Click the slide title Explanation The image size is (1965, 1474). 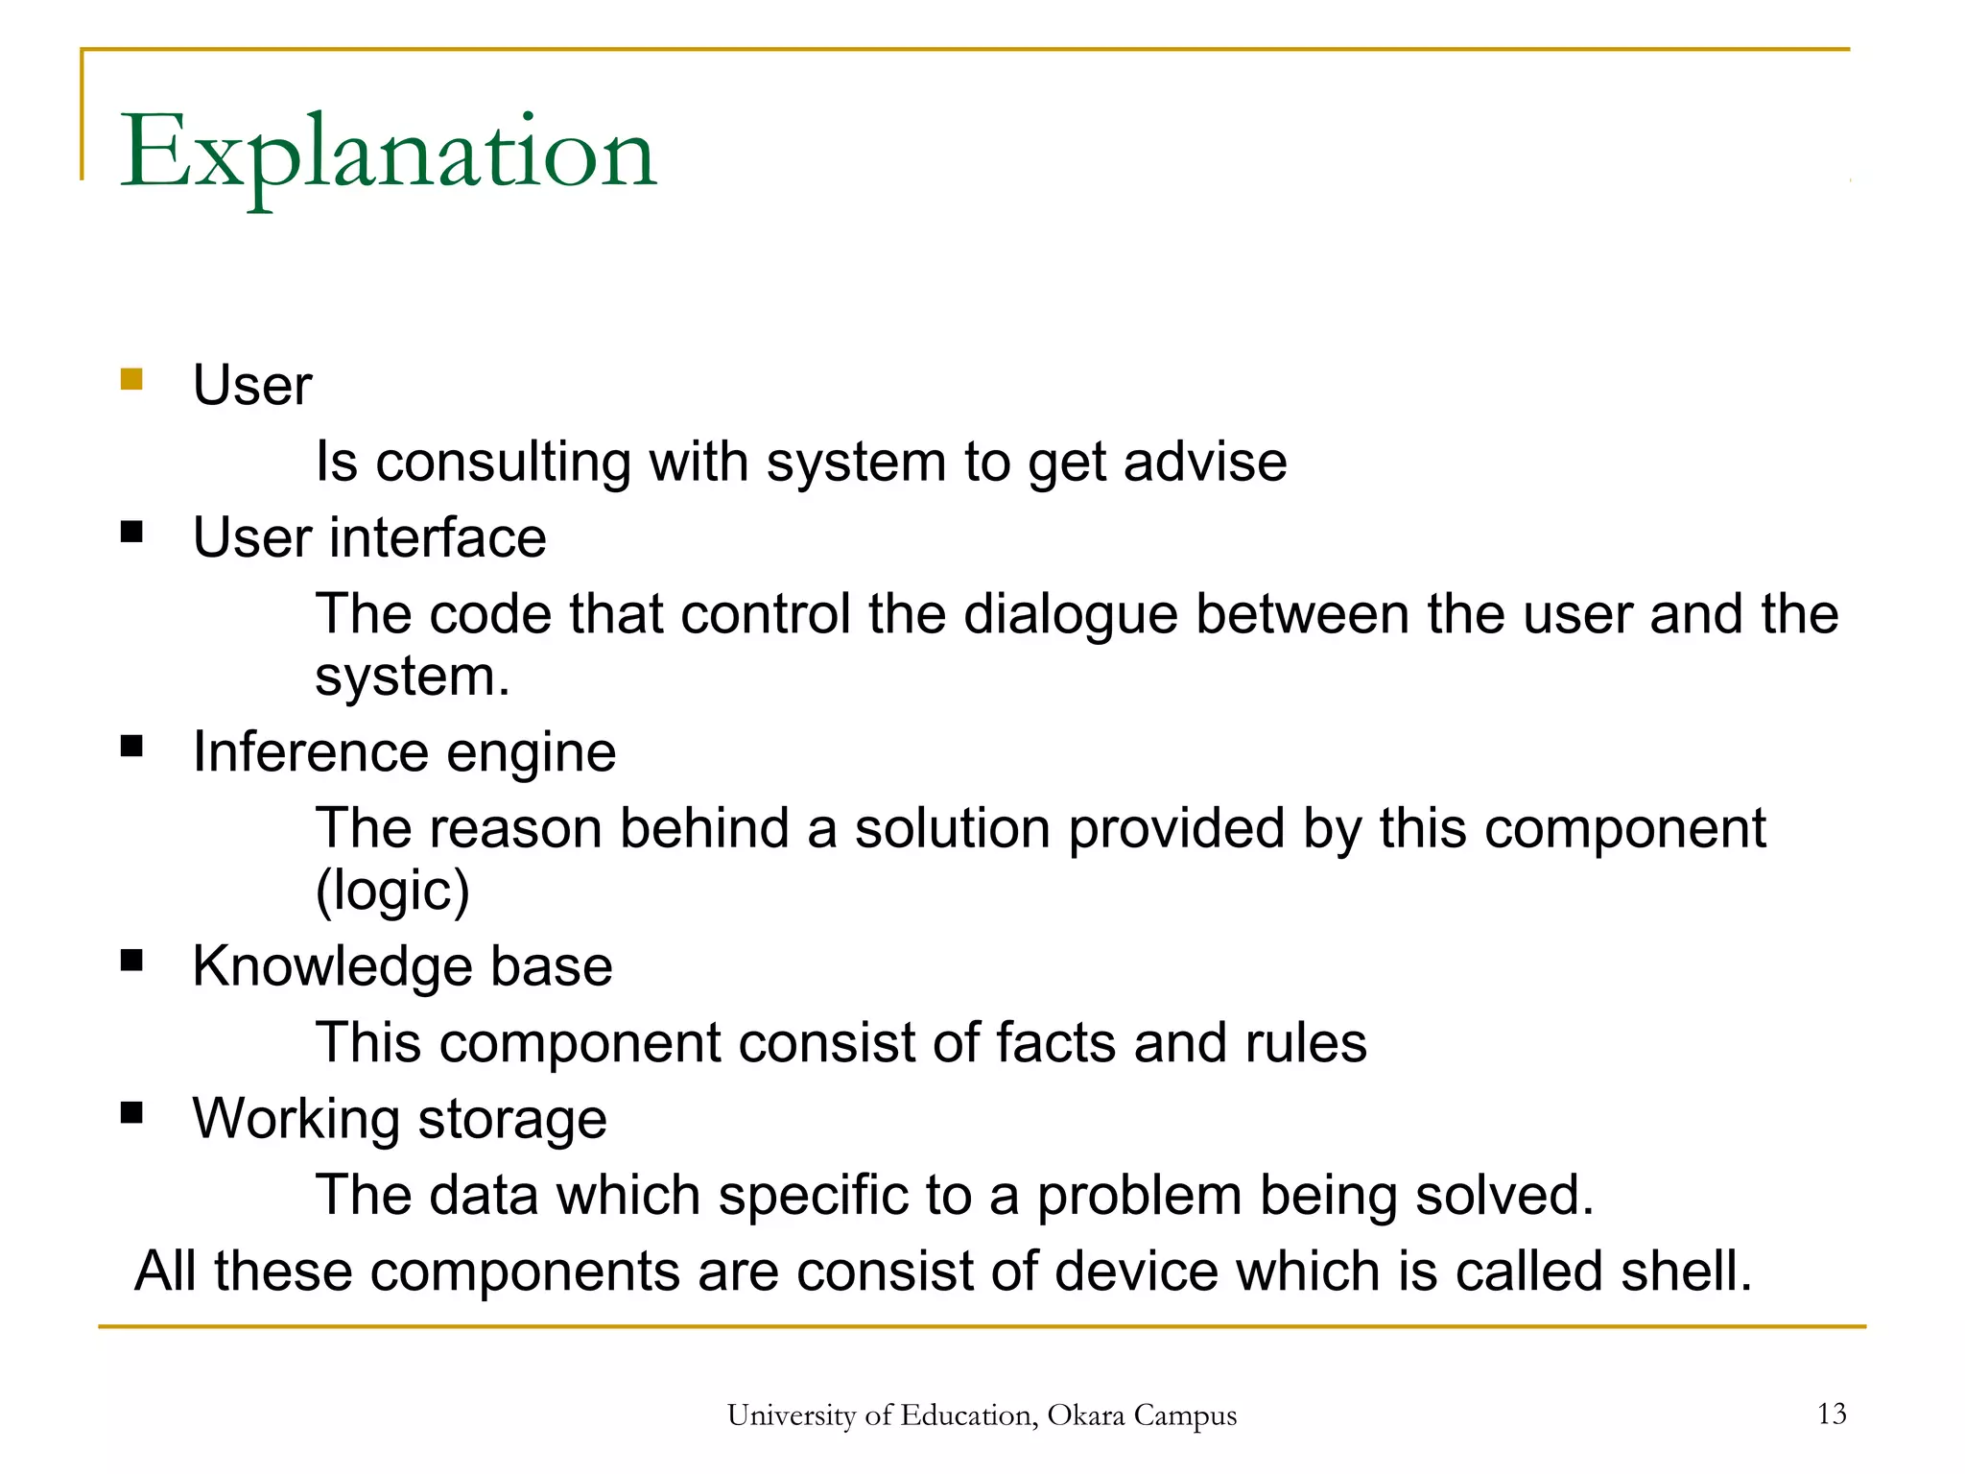(388, 154)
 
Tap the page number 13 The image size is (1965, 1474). (1832, 1414)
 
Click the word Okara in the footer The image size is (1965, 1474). (1086, 1415)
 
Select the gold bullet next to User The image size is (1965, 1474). (131, 379)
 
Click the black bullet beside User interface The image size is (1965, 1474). (131, 532)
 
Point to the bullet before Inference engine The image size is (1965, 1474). (131, 746)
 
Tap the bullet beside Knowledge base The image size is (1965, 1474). (131, 961)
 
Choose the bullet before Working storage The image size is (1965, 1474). (131, 1113)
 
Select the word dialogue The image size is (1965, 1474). (1070, 616)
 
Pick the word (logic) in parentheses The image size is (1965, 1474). (392, 891)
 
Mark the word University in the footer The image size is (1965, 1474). (791, 1415)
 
